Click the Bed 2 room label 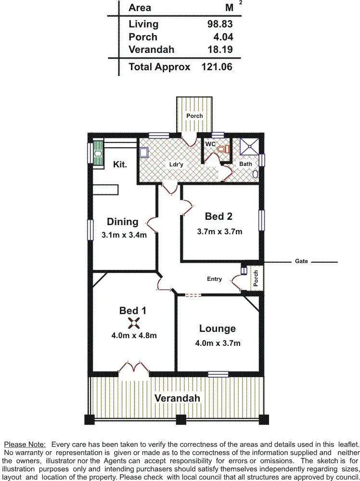click(219, 216)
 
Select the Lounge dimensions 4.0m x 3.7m click(218, 343)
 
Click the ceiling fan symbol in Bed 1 click(133, 324)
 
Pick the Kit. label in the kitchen click(120, 165)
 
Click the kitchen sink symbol click(98, 153)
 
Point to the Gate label click(301, 262)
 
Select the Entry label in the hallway click(214, 279)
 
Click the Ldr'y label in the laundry click(176, 165)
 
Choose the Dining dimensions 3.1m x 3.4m click(124, 235)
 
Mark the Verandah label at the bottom click(177, 398)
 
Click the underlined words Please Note click(25, 444)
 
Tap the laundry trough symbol click(144, 152)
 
